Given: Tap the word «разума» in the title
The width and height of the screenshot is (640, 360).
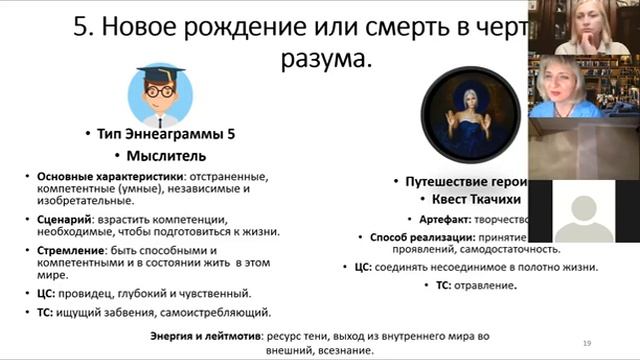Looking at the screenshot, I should pyautogui.click(x=317, y=59).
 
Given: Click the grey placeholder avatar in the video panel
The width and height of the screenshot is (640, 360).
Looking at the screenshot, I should pyautogui.click(x=583, y=211).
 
